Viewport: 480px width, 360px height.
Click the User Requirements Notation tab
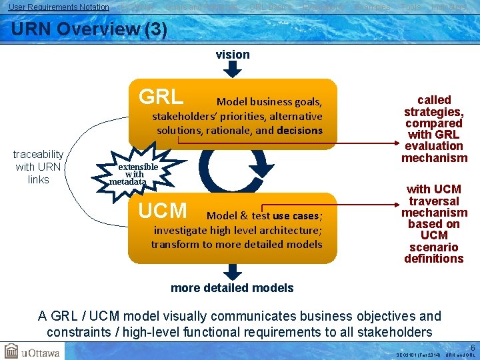pos(59,7)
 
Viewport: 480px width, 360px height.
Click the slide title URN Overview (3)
pos(89,30)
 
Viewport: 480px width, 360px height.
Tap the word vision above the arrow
pos(233,55)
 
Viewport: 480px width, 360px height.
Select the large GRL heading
pos(161,97)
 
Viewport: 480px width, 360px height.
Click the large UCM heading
pos(163,211)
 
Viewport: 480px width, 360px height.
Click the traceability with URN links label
pos(38,167)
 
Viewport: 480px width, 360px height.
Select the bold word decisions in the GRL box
pos(299,131)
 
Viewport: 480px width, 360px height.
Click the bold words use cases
pos(296,216)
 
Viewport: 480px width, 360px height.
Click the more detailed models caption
pos(232,288)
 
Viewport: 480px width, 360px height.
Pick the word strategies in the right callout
pos(433,111)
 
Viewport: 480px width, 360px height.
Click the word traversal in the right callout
pos(434,201)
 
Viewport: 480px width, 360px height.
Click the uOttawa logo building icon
pos(11,351)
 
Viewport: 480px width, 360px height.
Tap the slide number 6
pos(473,348)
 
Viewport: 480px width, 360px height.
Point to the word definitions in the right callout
pos(433,259)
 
